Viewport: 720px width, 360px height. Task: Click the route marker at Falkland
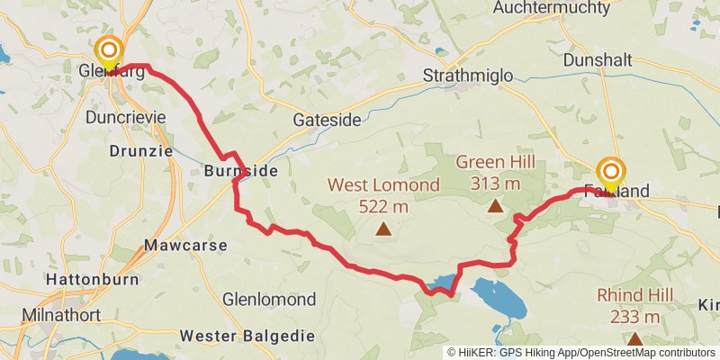611,172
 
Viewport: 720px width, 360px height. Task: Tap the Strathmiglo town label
468,76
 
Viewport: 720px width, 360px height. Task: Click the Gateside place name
328,120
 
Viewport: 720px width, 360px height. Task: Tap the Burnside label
240,169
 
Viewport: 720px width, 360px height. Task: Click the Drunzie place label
140,151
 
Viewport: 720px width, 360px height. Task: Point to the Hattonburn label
93,279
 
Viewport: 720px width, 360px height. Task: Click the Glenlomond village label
269,299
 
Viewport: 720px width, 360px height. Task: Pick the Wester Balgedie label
247,336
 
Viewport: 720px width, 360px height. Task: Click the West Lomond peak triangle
384,229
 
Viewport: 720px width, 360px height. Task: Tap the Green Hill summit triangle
495,206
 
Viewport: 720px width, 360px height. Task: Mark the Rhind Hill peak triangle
635,338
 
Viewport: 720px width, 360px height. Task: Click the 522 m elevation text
383,206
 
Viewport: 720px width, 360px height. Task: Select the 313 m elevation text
495,184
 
